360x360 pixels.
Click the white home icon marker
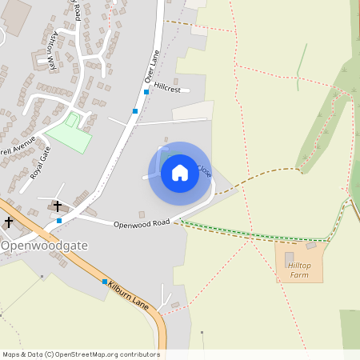point(179,173)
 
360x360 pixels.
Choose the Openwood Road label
point(142,223)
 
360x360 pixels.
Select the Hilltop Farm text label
point(298,270)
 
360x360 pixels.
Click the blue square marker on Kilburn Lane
point(104,282)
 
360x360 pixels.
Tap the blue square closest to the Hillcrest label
point(135,111)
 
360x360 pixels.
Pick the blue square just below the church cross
point(59,220)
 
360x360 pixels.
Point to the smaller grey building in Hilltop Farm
point(310,246)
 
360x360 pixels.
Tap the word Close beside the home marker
point(204,170)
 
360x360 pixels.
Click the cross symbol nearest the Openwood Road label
point(58,206)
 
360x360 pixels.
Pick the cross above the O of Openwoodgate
point(9,222)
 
